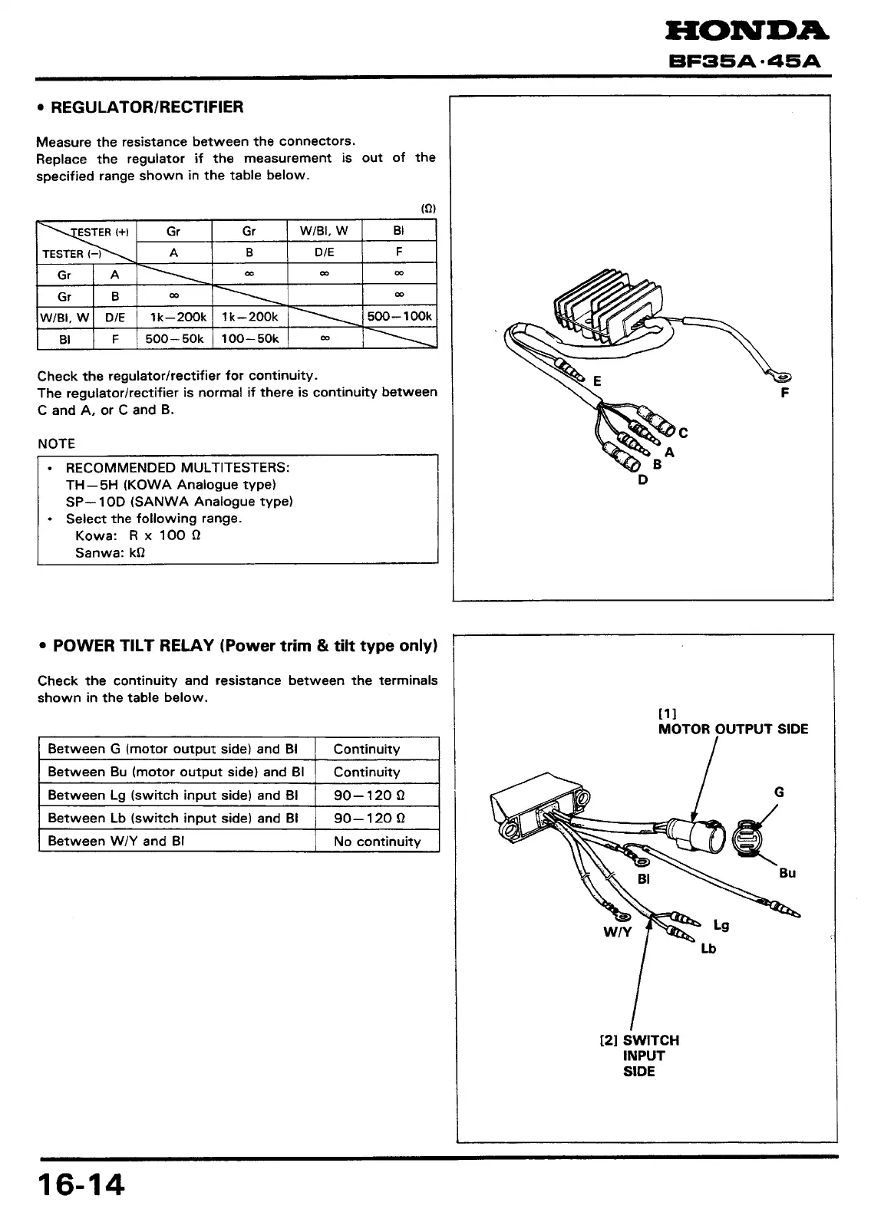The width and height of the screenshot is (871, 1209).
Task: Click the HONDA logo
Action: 746,31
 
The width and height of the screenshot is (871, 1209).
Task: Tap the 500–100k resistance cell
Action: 399,316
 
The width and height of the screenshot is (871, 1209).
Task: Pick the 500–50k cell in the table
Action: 174,338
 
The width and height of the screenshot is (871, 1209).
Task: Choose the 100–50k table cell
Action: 249,338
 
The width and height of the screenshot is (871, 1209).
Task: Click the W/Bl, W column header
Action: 324,231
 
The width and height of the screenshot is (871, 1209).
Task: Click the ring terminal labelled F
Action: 784,376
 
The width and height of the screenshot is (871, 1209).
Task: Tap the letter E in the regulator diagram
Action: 597,381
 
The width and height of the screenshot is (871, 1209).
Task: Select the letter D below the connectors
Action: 642,480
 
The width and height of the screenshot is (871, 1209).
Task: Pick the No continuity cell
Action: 377,842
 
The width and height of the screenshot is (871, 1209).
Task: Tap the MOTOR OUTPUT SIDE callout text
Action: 733,729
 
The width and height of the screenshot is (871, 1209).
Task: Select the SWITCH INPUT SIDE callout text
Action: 640,1056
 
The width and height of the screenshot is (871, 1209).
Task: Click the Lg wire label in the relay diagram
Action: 721,925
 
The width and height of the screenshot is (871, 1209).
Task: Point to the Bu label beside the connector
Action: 787,873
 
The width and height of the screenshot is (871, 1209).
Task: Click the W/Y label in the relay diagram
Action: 617,933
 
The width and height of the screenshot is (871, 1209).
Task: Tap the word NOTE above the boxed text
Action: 56,443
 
